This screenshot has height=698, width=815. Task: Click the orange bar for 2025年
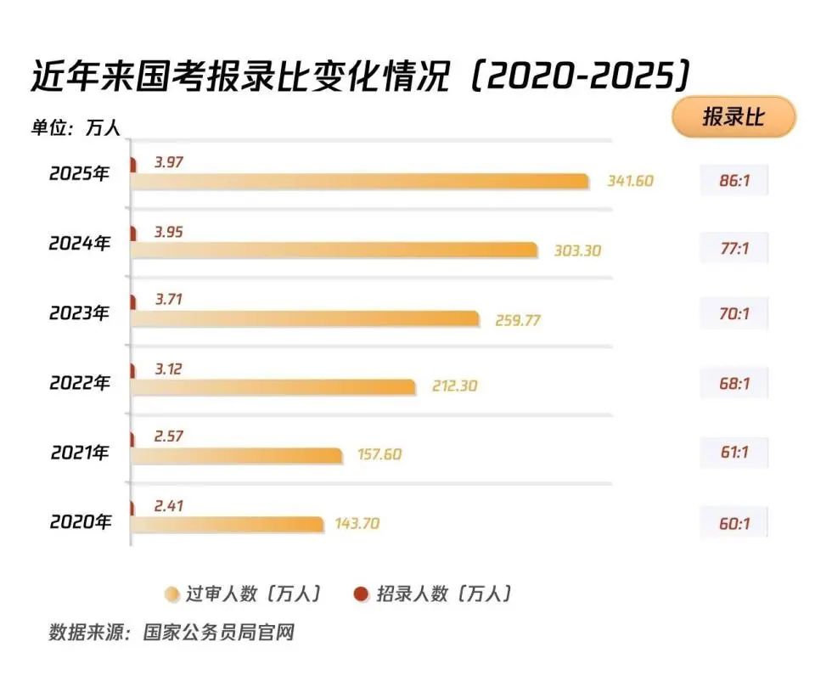(x=360, y=181)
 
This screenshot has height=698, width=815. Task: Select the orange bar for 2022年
(x=273, y=386)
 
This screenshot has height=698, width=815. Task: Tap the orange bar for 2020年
(x=228, y=524)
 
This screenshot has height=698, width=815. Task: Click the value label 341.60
(x=631, y=181)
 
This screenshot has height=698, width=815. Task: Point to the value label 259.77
(x=518, y=321)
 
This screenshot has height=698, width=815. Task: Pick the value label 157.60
(x=378, y=455)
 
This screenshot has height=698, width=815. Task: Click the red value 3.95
(x=168, y=232)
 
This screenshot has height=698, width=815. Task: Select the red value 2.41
(x=168, y=506)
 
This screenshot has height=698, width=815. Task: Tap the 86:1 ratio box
(x=734, y=181)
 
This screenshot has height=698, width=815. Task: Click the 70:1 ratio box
(x=734, y=314)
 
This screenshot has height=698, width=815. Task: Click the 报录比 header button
(x=733, y=117)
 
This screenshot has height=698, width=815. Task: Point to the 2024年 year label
(x=80, y=244)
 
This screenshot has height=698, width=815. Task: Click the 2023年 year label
(x=80, y=313)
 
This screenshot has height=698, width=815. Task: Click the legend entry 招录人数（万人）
(x=434, y=594)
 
